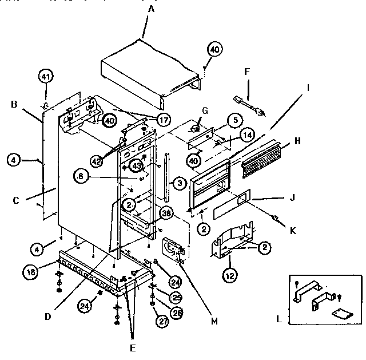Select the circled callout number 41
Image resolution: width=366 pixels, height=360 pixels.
[46, 76]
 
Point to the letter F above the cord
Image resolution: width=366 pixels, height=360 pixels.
[247, 72]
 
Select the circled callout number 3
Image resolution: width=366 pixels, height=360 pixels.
[179, 183]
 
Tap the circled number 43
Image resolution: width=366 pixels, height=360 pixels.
[136, 165]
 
